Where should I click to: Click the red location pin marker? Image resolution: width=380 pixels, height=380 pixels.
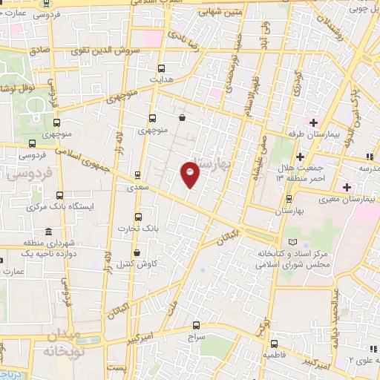tap(191, 174)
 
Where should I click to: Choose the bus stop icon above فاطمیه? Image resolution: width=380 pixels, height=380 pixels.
tap(275, 344)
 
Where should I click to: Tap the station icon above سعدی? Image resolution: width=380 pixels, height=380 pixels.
tap(137, 177)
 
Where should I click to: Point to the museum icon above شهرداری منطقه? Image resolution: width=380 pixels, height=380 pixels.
tap(48, 231)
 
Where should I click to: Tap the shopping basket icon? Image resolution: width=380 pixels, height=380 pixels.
tap(183, 117)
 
